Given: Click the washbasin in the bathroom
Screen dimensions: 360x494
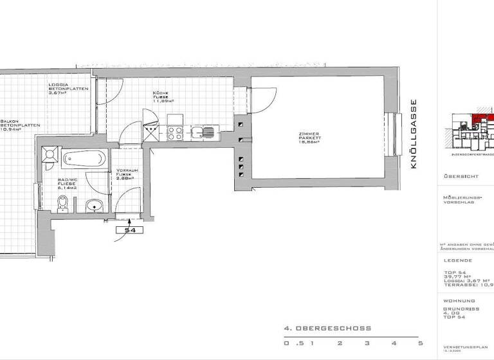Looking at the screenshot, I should click(x=95, y=206).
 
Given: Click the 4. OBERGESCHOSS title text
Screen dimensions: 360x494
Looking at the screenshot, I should click(x=327, y=328).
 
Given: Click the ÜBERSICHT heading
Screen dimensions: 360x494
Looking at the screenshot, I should click(x=459, y=175).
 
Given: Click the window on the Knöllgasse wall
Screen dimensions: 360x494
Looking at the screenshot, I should click(x=392, y=133).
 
